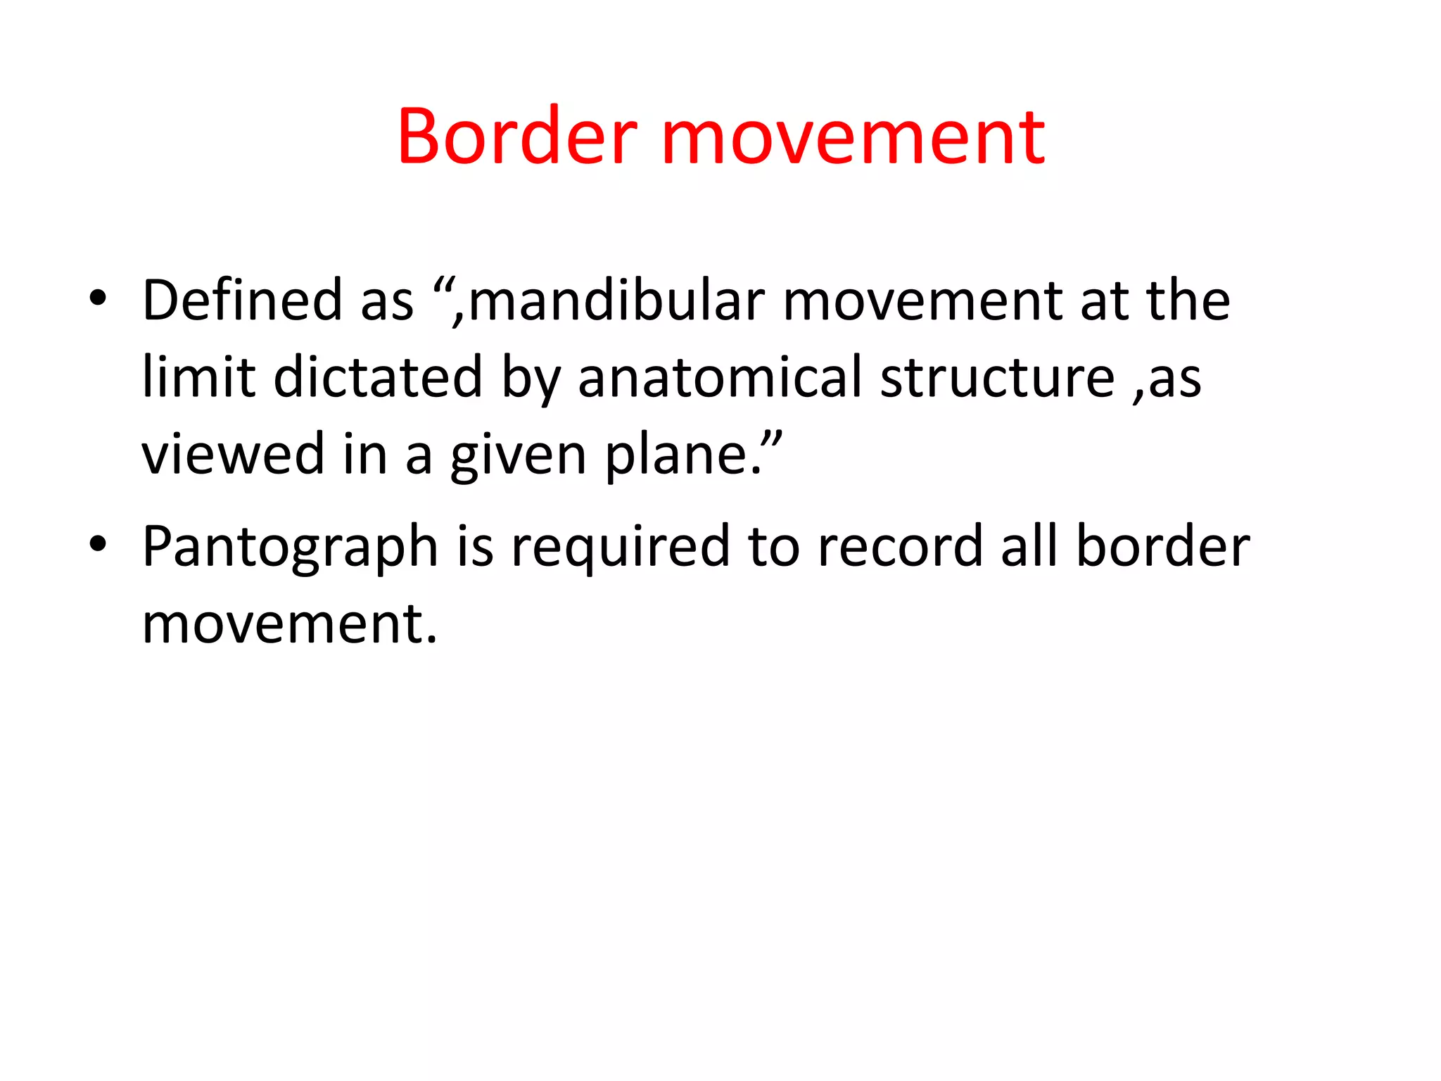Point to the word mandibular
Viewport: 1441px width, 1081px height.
point(616,301)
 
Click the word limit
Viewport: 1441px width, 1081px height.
point(198,377)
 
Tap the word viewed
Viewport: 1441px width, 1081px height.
point(233,455)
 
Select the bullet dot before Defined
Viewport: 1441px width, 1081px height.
point(98,298)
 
